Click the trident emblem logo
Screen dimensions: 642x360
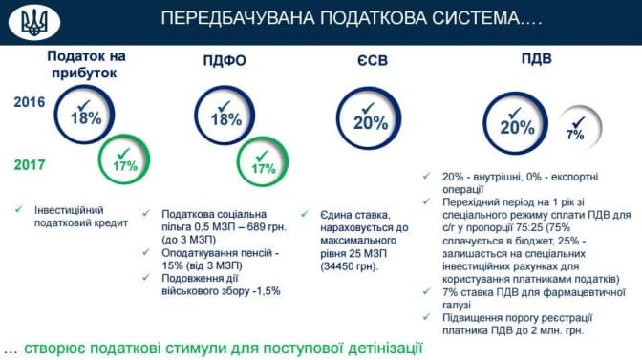pos(34,22)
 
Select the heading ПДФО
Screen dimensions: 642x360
pos(225,60)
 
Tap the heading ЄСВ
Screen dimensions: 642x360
pos(373,60)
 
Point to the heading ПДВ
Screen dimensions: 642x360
pos(536,58)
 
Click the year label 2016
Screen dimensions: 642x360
pos(30,102)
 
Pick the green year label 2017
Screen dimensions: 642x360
pos(30,164)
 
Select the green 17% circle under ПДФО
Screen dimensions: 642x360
pos(263,138)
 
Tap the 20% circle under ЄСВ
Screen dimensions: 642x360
pos(369,88)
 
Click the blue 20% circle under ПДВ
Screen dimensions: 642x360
pos(516,94)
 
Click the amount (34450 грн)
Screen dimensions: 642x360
pos(350,266)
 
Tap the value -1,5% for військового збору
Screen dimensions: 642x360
pos(266,291)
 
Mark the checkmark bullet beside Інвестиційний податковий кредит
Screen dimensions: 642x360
pos(19,210)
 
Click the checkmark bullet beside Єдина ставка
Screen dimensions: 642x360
pos(305,214)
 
